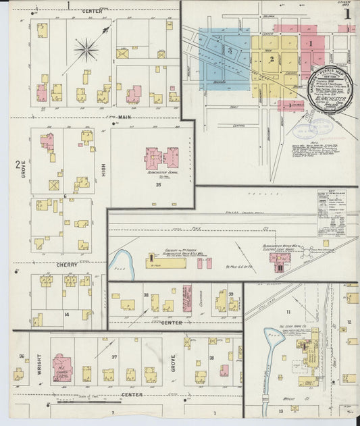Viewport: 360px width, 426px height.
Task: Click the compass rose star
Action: pyautogui.click(x=86, y=49)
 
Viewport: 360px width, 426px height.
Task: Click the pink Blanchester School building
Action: pyautogui.click(x=161, y=158)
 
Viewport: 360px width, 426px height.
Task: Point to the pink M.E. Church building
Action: pyautogui.click(x=61, y=365)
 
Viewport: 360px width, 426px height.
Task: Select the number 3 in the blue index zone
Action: pyautogui.click(x=230, y=51)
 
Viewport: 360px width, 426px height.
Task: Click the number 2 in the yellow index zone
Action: pyautogui.click(x=271, y=59)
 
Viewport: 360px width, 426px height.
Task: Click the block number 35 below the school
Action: pyautogui.click(x=157, y=184)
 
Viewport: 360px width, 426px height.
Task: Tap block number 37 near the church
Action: pyautogui.click(x=114, y=357)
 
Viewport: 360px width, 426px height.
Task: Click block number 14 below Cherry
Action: pyautogui.click(x=66, y=315)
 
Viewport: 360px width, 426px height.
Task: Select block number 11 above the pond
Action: pyautogui.click(x=288, y=311)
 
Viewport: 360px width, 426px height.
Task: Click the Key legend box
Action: pyautogui.click(x=331, y=213)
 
